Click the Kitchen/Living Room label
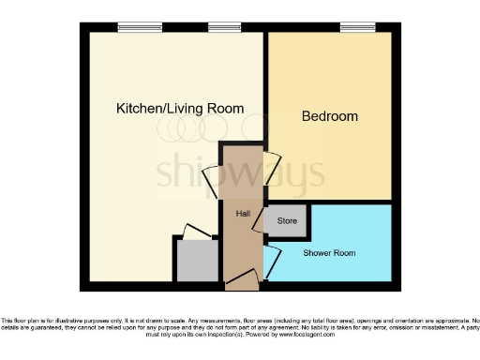[x=179, y=109]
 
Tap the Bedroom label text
[x=329, y=117]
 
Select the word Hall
[x=242, y=214]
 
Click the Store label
[x=287, y=222]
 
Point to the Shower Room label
[x=329, y=253]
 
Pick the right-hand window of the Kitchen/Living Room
[x=222, y=27]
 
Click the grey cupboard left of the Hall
[x=196, y=262]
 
